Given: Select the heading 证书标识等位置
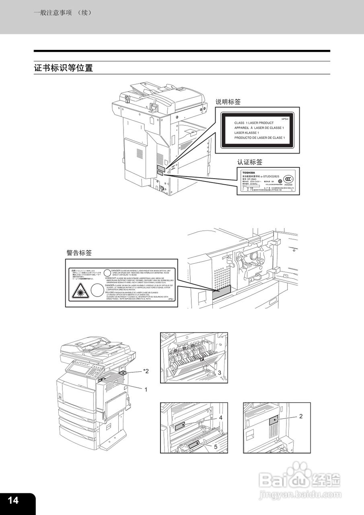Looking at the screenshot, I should tap(64, 68).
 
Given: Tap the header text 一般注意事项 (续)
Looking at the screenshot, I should tap(63, 12).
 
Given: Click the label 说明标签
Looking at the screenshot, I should tap(228, 102).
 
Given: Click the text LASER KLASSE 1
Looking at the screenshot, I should tap(247, 133).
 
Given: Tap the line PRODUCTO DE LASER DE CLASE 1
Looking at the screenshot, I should tap(259, 138).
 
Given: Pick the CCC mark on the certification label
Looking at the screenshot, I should tap(288, 179).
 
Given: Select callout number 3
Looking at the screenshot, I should tap(220, 373).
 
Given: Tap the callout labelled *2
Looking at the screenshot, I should tap(146, 371).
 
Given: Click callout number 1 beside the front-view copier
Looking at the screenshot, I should tap(146, 389).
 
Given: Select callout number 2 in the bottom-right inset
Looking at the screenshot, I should tap(300, 416).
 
